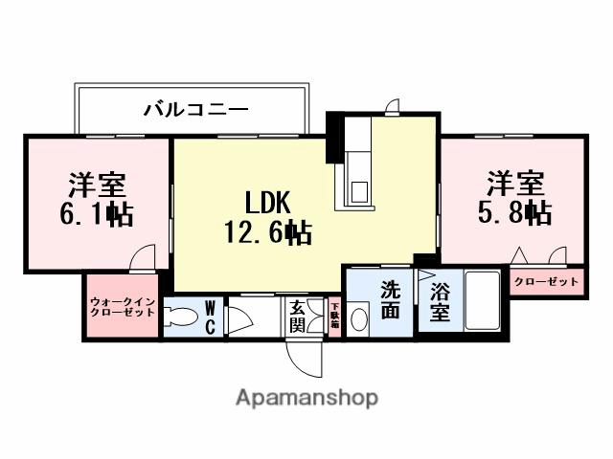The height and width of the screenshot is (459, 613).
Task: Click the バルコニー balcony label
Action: point(196,108)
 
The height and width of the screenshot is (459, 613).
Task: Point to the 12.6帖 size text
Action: point(267,231)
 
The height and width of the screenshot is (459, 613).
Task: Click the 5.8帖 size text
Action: point(515,210)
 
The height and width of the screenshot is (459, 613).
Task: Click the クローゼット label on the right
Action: point(546,281)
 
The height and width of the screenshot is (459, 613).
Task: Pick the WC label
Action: point(210,317)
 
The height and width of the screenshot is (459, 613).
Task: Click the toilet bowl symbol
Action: point(179,318)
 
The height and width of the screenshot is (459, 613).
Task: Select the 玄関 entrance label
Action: point(298,317)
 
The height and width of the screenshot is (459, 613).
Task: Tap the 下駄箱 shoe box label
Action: point(334,317)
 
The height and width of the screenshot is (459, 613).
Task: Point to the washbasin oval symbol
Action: point(359,319)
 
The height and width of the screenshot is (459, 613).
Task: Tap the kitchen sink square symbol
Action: point(360,191)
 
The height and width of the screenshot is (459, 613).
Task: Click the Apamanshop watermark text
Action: point(306,398)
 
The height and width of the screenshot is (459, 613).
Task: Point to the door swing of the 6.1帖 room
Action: point(143,259)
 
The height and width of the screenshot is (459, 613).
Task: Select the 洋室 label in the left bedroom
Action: point(97,183)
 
